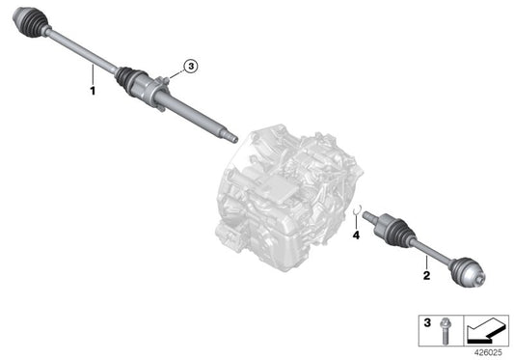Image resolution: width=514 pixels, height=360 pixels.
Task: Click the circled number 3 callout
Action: (x=191, y=66)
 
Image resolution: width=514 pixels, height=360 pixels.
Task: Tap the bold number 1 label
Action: (x=93, y=90)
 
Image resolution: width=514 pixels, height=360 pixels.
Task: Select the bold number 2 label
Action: (x=424, y=276)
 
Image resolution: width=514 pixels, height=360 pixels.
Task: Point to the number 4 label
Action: (x=356, y=234)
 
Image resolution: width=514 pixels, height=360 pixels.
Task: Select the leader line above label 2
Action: (x=424, y=259)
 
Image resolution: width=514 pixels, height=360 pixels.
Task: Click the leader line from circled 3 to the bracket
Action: (x=176, y=73)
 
